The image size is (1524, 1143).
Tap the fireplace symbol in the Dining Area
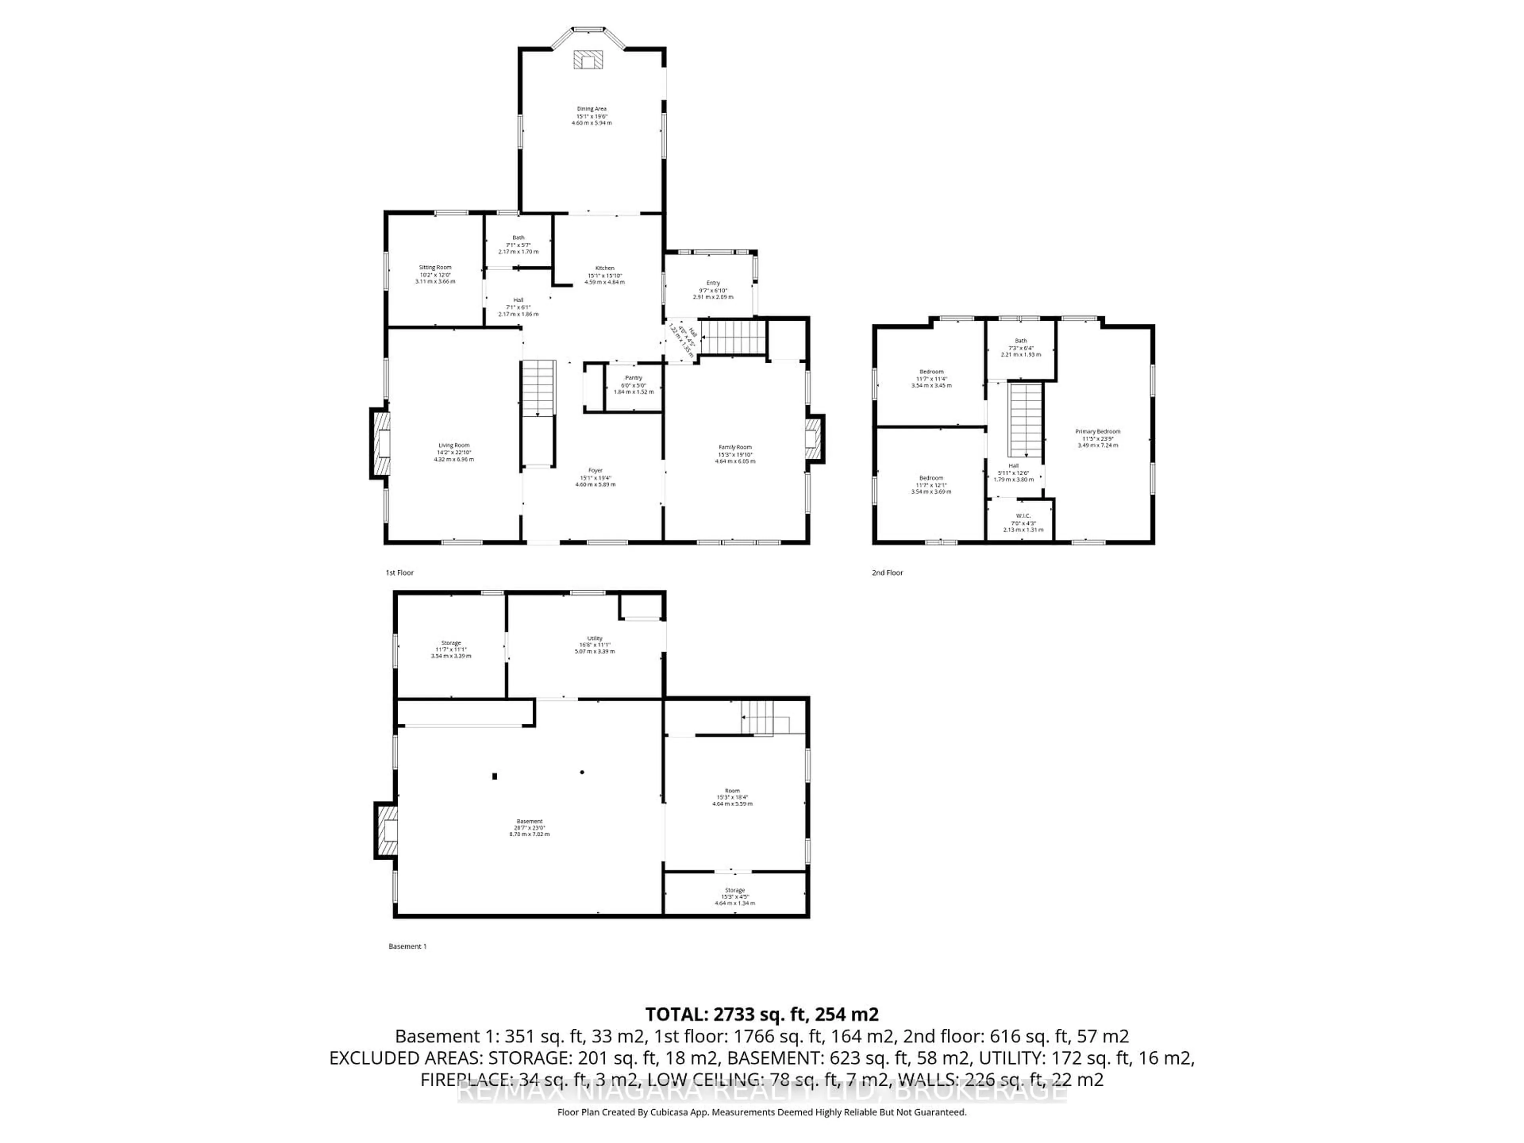tap(588, 60)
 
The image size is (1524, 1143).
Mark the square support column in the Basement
tap(495, 776)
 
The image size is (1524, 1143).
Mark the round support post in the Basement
tap(582, 772)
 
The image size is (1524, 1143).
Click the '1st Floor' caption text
tap(400, 573)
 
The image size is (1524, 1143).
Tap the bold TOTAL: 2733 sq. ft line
tap(761, 1014)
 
